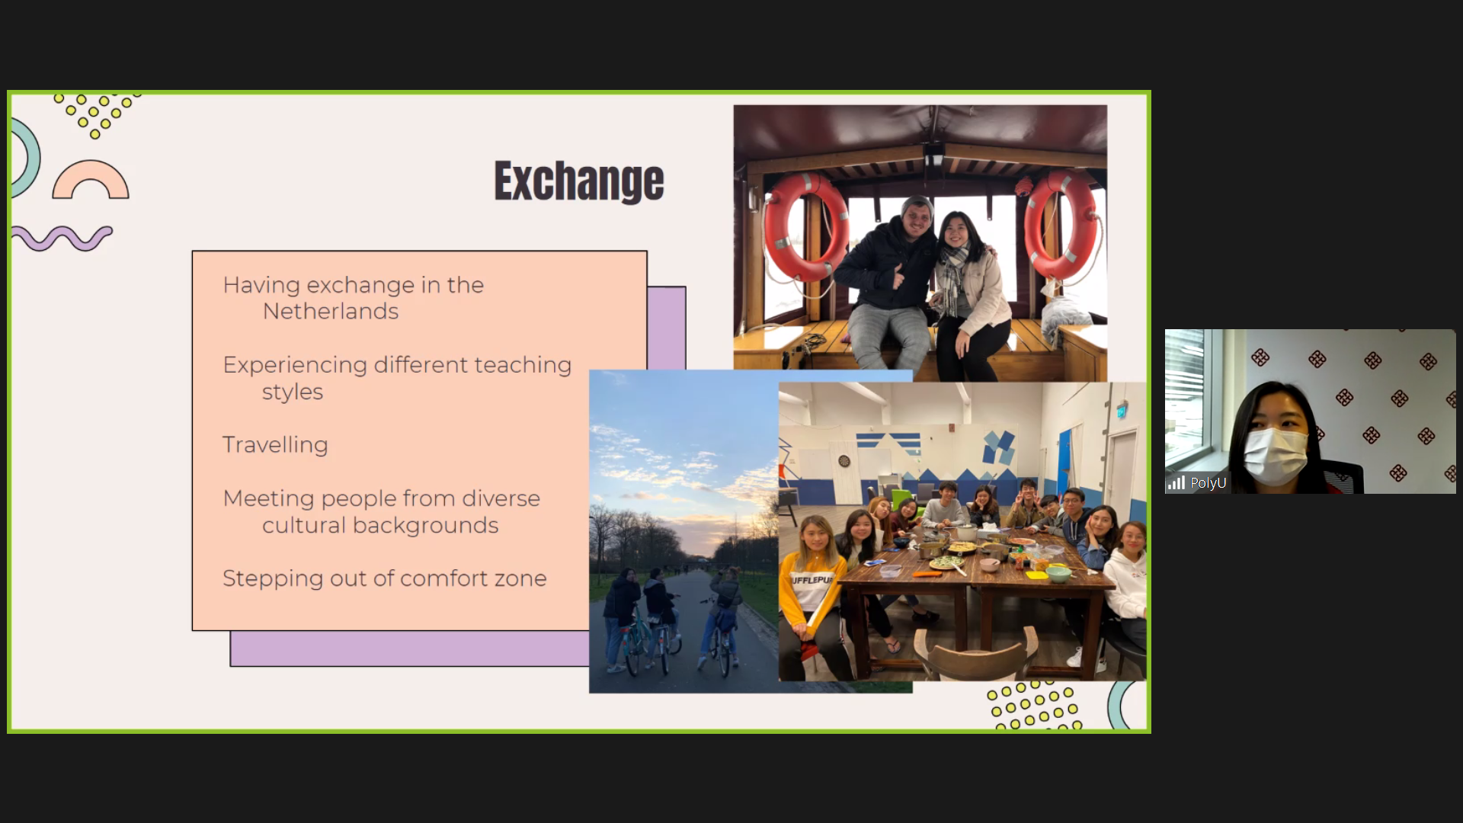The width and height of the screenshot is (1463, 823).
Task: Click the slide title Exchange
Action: (579, 181)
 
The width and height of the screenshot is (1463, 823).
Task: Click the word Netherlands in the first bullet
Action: (331, 311)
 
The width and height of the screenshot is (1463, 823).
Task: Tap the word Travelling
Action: (275, 445)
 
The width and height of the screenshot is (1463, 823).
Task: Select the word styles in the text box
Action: (293, 392)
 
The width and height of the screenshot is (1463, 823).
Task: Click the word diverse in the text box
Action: (501, 498)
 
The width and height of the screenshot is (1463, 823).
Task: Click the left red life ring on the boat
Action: (805, 226)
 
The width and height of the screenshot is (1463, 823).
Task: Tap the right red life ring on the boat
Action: (1060, 225)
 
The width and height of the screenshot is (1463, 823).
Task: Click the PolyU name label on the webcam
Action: (1208, 483)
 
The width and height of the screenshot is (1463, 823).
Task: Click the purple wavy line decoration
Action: (62, 238)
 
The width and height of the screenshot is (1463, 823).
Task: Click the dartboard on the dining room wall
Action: (844, 461)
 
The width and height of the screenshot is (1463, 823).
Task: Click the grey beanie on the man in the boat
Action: (917, 206)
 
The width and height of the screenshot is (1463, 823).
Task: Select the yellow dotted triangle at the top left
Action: (95, 114)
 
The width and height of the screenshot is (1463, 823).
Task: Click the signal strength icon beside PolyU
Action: (1176, 483)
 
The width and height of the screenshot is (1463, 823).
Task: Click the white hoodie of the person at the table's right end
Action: (1125, 583)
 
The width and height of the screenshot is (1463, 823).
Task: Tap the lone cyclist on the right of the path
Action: (722, 620)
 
